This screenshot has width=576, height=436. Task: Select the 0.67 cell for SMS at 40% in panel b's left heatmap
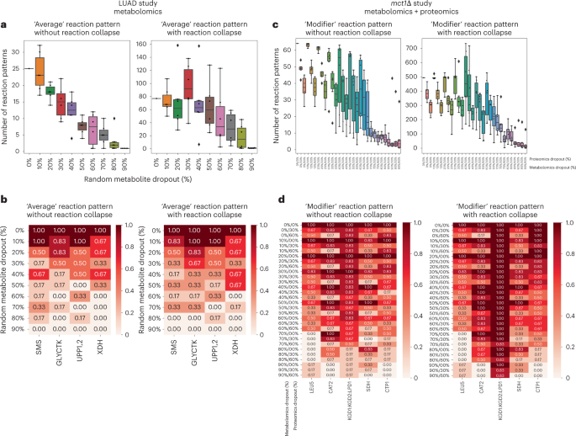click(40, 274)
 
